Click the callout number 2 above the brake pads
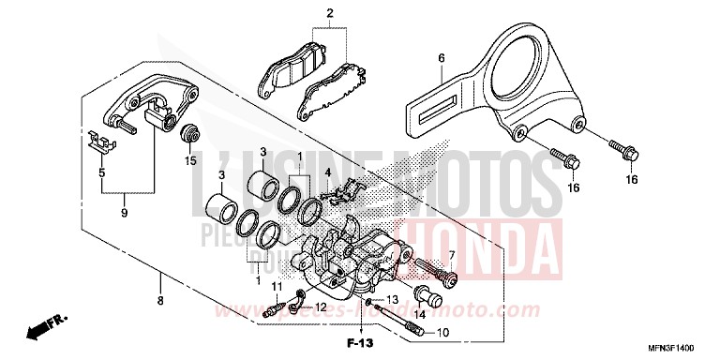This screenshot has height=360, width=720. pos(329,13)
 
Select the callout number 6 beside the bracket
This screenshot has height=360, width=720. pos(441,58)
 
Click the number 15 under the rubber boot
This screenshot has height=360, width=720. pos(191,160)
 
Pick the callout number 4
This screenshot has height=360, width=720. pos(328,172)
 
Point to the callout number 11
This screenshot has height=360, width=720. pos(276,285)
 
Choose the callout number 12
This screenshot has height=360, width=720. pos(321,307)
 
